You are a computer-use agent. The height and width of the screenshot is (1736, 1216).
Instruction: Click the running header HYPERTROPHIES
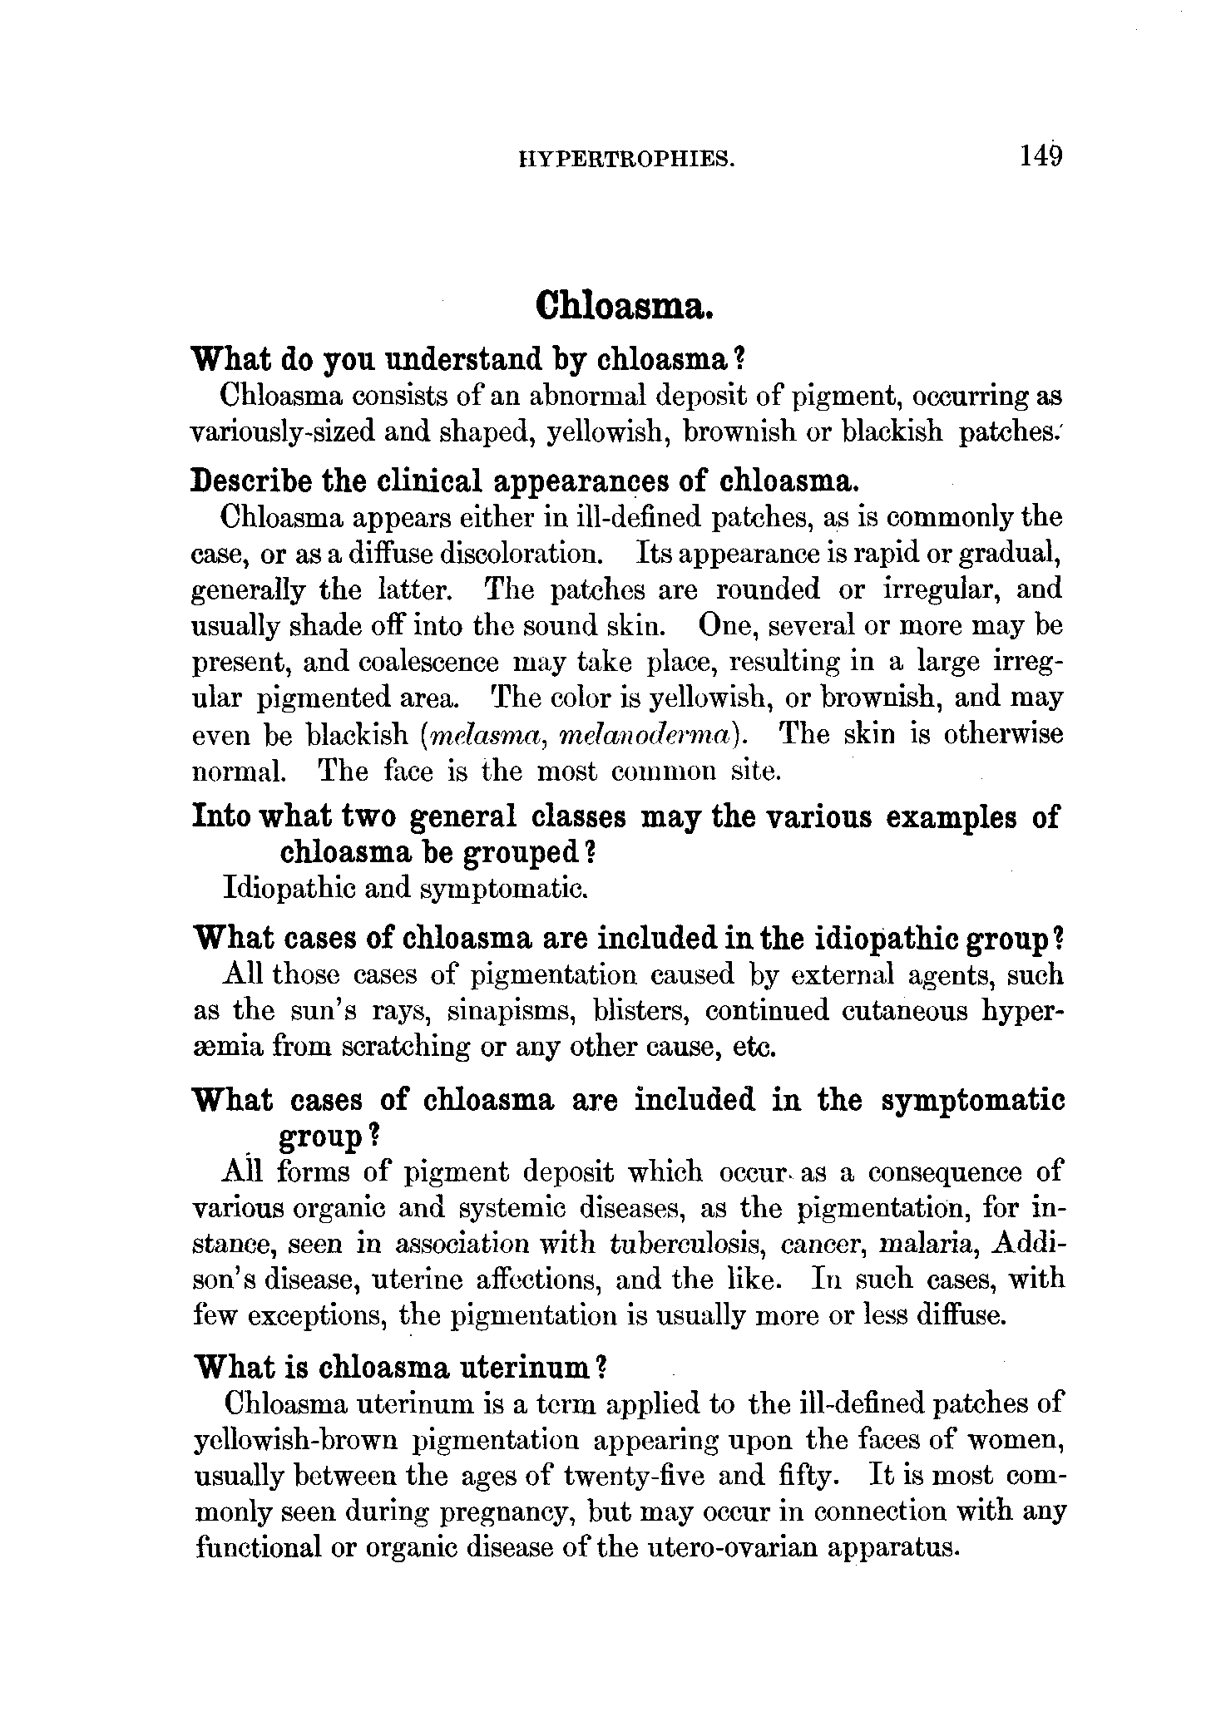coord(626,158)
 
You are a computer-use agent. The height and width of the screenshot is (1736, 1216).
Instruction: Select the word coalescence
coord(429,663)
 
